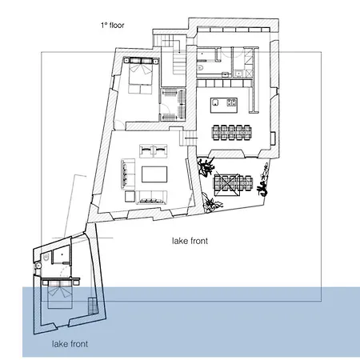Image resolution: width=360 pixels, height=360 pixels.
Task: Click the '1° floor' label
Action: pos(112,26)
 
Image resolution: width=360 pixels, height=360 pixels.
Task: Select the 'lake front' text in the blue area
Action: pos(70,344)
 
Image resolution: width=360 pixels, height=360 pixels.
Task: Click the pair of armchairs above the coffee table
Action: pos(153,149)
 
